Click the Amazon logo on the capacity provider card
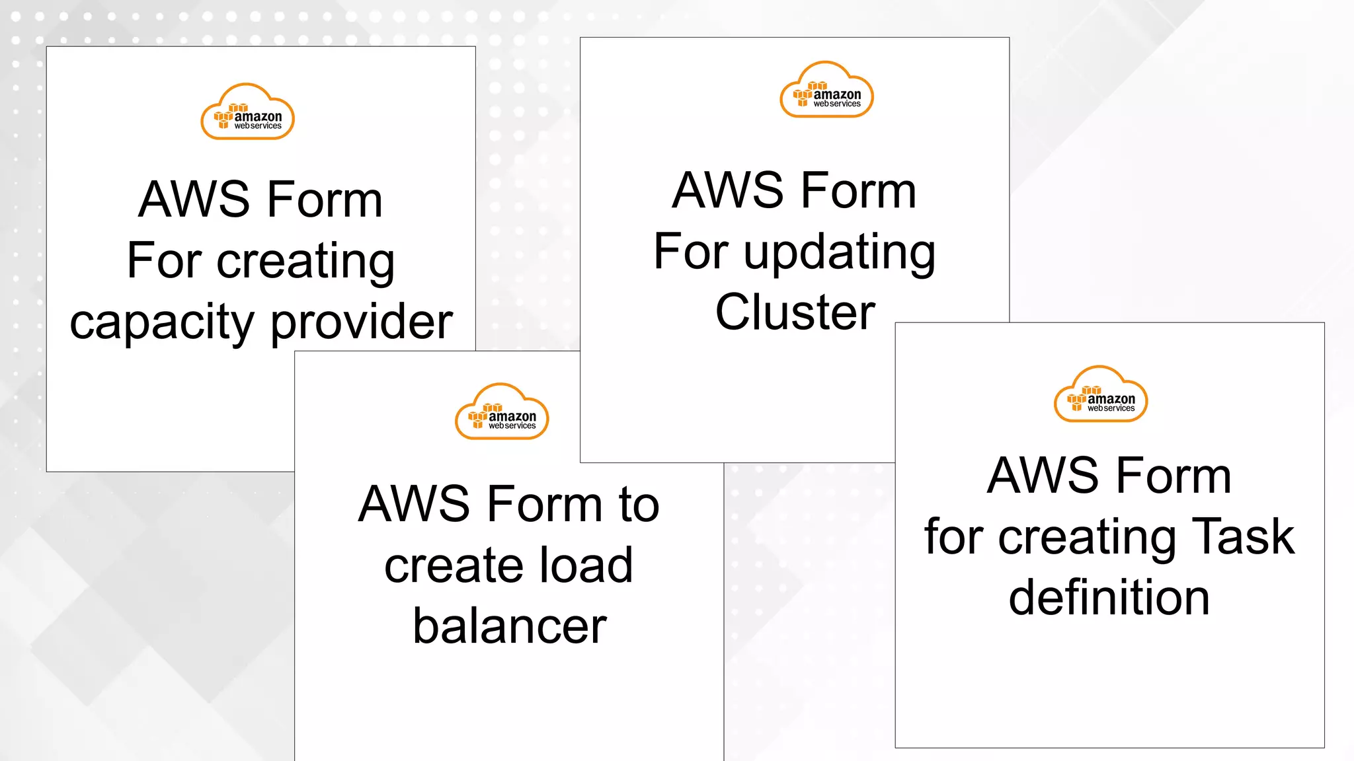point(247,112)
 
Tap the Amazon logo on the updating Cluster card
point(826,91)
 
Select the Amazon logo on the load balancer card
point(502,412)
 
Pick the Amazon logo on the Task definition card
point(1101,394)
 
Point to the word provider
point(362,322)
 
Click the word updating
point(840,254)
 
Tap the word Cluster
point(795,312)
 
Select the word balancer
point(510,626)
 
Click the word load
point(586,565)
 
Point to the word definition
point(1109,597)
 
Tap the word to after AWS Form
point(639,505)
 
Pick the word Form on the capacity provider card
point(325,199)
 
